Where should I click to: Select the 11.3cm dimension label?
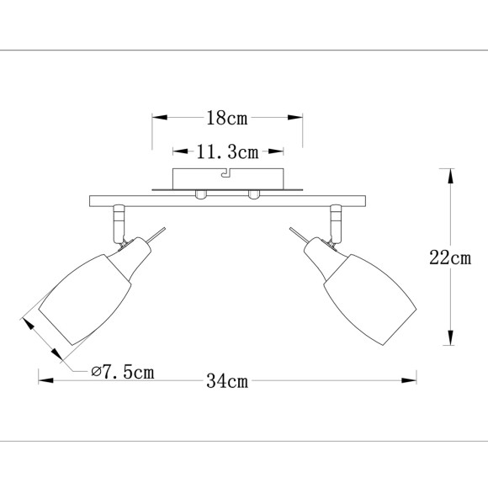[226, 152]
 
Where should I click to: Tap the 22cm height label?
[449, 258]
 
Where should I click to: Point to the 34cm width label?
[226, 380]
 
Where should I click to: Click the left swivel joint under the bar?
[118, 223]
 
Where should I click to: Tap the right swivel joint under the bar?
[337, 223]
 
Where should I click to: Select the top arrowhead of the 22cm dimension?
[449, 175]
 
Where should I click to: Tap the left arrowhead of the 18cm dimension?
[157, 118]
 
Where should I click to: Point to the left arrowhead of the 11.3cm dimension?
[178, 152]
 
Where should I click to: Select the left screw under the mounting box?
[199, 194]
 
